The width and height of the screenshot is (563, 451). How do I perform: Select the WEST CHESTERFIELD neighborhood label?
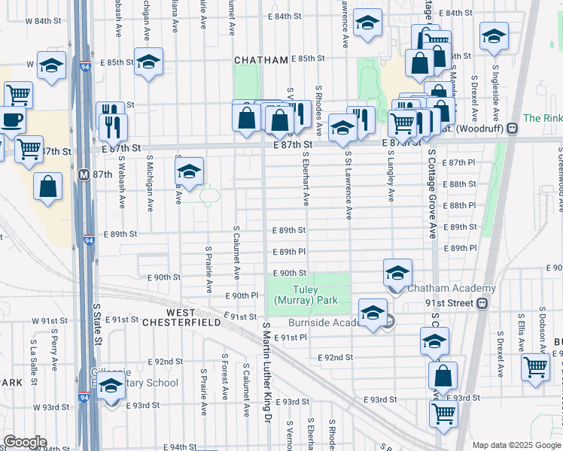tap(193, 317)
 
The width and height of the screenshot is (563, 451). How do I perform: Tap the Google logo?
tap(24, 442)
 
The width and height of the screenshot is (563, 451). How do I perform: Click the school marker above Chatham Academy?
tap(398, 273)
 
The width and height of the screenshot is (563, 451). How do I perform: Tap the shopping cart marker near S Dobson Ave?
tap(535, 368)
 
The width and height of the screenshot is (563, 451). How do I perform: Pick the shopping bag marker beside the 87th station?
tap(47, 188)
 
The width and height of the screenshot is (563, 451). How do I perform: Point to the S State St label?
tap(97, 325)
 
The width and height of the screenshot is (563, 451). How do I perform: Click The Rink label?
tap(542, 118)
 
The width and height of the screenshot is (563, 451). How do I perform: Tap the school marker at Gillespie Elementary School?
tap(111, 387)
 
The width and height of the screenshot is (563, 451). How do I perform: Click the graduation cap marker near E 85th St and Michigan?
tap(149, 62)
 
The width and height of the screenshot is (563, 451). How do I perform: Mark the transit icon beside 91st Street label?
tap(482, 304)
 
